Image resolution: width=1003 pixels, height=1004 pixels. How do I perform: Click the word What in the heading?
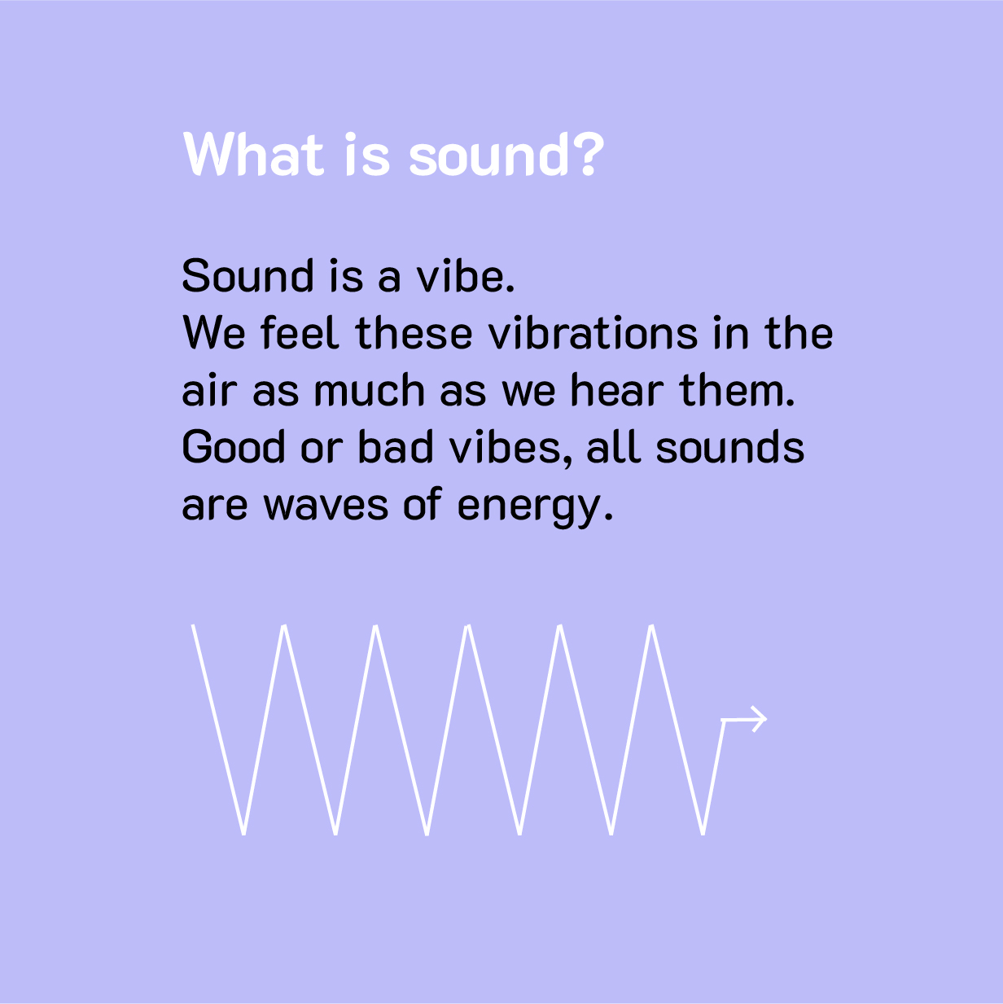pyautogui.click(x=254, y=154)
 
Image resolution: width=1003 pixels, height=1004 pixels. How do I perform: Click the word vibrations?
pyautogui.click(x=593, y=333)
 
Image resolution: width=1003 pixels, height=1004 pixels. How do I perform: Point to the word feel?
pyautogui.click(x=300, y=333)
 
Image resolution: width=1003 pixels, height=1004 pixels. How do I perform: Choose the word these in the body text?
pyautogui.click(x=414, y=333)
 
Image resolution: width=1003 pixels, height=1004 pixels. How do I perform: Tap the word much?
pyautogui.click(x=370, y=390)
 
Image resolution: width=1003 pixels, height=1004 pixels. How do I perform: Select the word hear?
pyautogui.click(x=617, y=390)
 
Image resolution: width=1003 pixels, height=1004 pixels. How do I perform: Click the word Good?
pyautogui.click(x=234, y=448)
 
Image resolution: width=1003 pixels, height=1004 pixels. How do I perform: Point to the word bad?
pyautogui.click(x=396, y=448)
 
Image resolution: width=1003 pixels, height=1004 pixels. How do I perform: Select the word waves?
pyautogui.click(x=326, y=506)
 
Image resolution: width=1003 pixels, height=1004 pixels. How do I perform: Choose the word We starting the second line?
pyautogui.click(x=213, y=333)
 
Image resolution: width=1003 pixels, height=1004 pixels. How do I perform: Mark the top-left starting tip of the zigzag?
pyautogui.click(x=193, y=625)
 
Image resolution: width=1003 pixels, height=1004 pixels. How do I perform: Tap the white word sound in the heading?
pyautogui.click(x=488, y=154)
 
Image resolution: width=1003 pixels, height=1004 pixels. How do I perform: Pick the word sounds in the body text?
pyautogui.click(x=730, y=448)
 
